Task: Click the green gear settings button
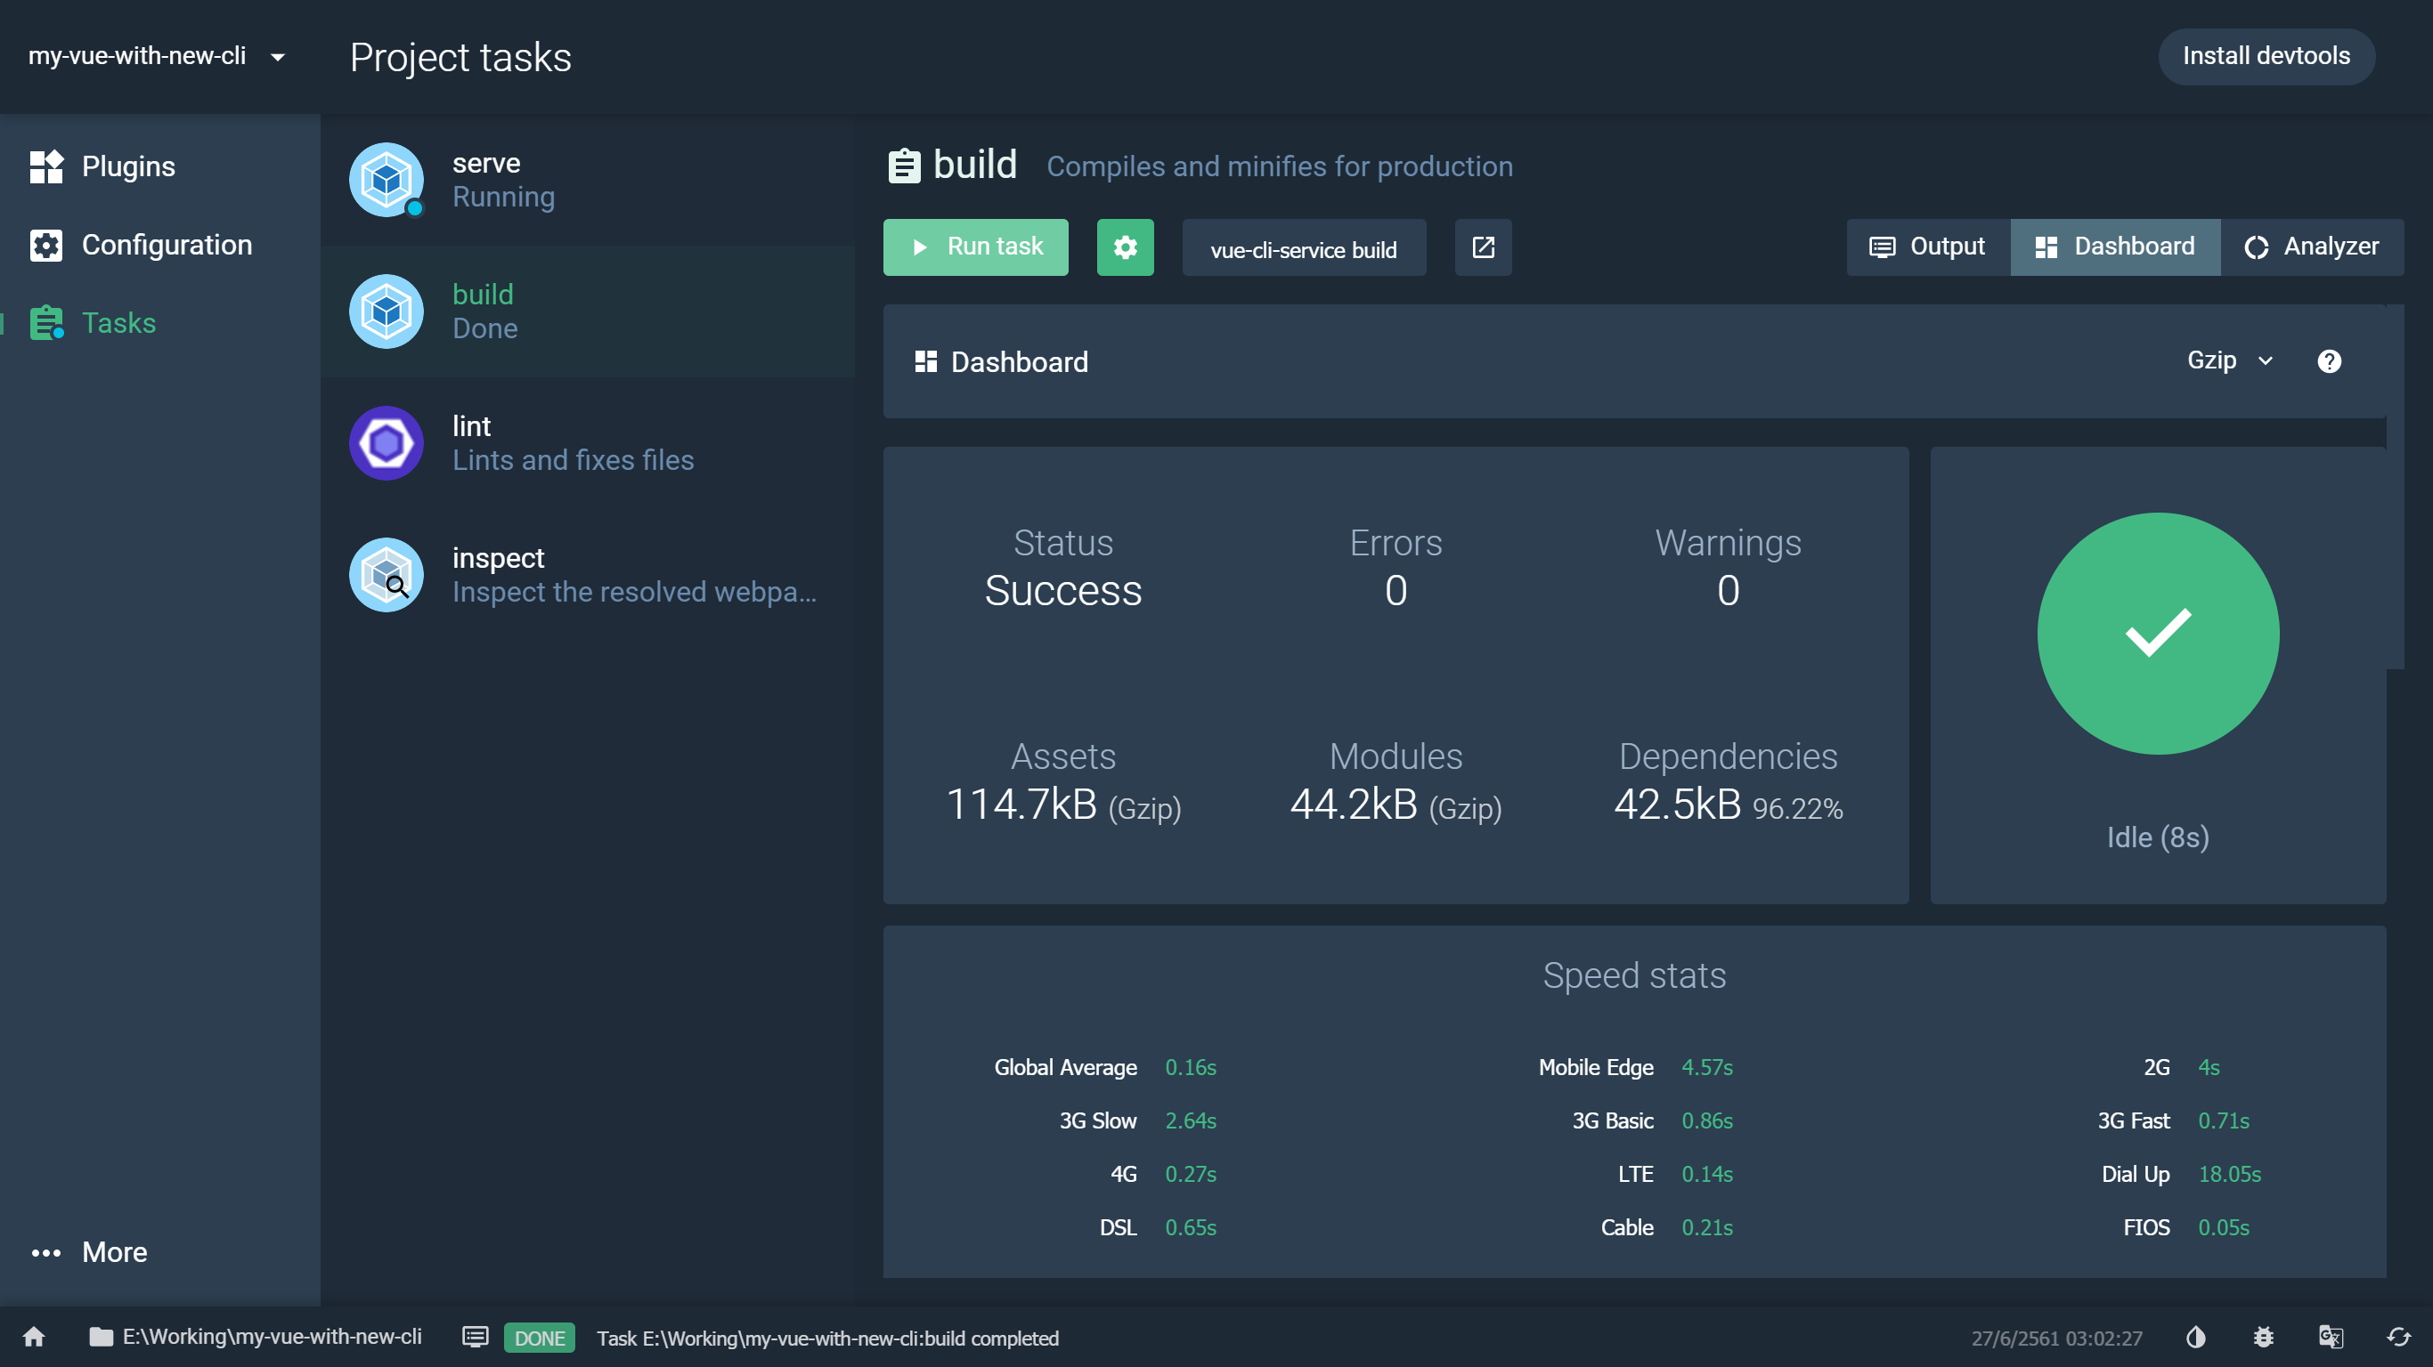(x=1125, y=247)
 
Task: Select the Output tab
(x=1928, y=247)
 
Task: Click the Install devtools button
(x=2265, y=57)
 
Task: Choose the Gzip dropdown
(x=2229, y=360)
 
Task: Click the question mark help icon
(x=2328, y=361)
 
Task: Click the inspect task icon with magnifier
(x=387, y=575)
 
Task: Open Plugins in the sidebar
(x=127, y=167)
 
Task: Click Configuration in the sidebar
(x=167, y=246)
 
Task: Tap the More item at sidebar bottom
(x=113, y=1252)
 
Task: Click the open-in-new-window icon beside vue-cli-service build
(x=1483, y=247)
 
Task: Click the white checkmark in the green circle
(x=2157, y=633)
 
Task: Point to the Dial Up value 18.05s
(x=2229, y=1175)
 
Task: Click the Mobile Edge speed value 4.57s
(x=1706, y=1068)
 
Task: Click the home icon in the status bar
(x=34, y=1337)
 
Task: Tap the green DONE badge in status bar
(x=540, y=1338)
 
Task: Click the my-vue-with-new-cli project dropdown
(x=156, y=57)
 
